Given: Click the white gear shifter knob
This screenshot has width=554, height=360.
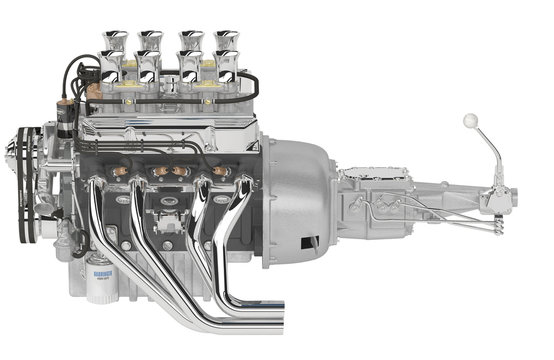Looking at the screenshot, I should (470, 121).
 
